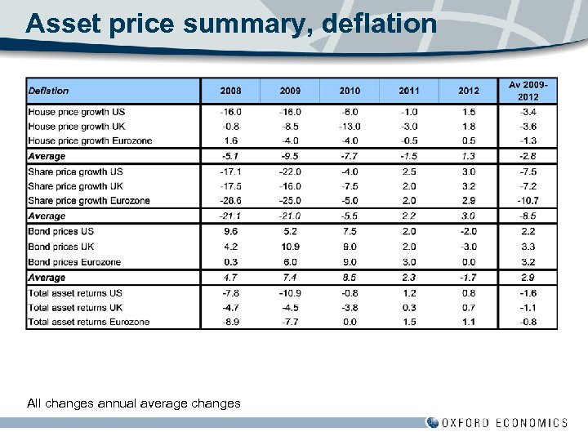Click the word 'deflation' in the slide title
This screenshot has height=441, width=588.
pos(380,23)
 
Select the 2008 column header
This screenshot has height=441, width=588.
pos(231,91)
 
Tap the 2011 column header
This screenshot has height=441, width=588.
pos(409,91)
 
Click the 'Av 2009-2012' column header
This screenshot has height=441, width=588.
pos(528,91)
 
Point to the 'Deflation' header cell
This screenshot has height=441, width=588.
pos(49,91)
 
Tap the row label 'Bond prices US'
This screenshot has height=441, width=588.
pos(61,231)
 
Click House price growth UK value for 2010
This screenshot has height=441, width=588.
pos(350,127)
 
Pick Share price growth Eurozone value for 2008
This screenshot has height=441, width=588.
pos(231,201)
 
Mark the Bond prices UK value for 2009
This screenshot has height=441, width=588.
pos(291,247)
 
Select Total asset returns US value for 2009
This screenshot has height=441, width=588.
pos(291,292)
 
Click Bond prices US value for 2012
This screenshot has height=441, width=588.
pos(468,231)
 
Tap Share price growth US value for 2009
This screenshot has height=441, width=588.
pos(291,171)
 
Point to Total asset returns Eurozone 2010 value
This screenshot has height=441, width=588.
pos(350,322)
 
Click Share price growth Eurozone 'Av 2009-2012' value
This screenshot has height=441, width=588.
pos(528,201)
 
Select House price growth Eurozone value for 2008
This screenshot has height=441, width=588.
pos(231,141)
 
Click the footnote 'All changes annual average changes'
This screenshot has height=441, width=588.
pos(134,403)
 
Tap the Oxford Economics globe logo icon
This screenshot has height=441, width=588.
pos(432,423)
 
